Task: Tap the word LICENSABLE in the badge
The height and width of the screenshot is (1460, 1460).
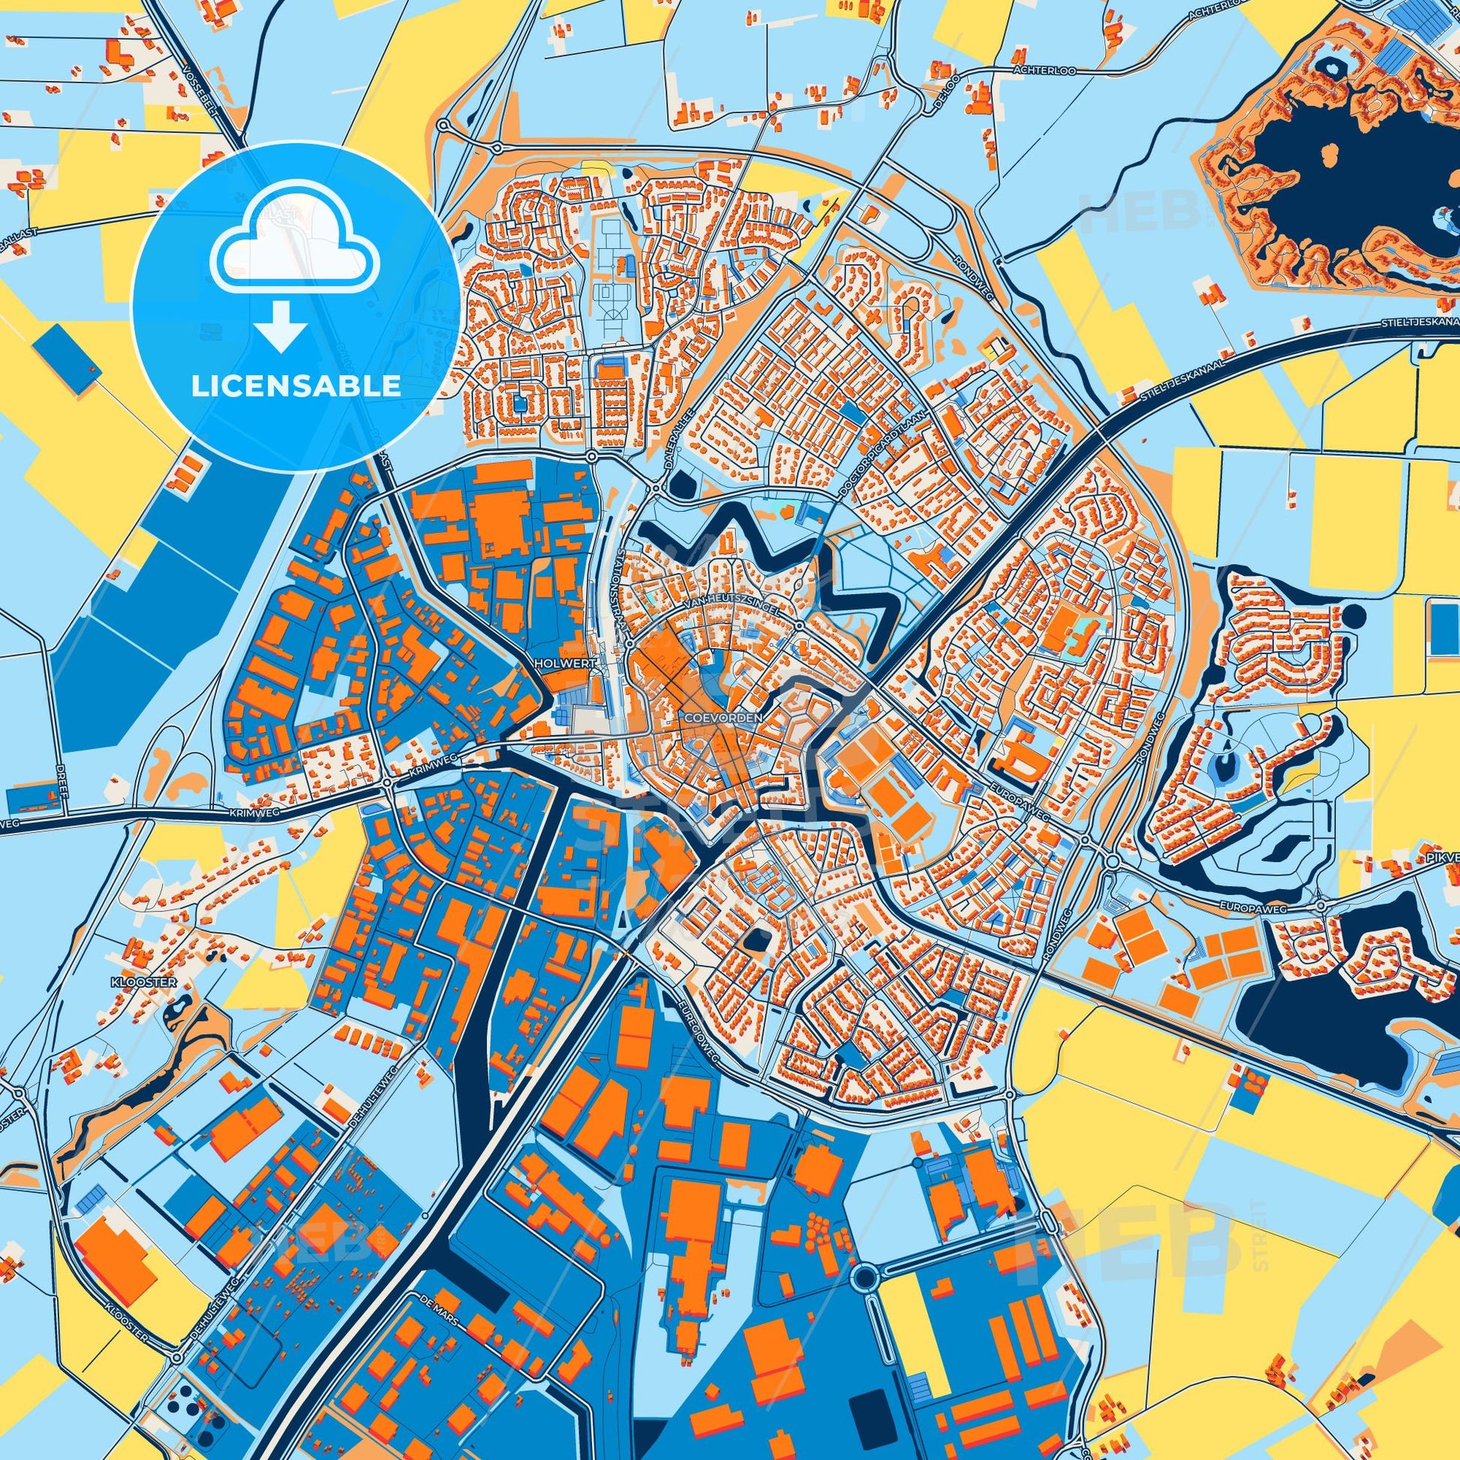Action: (x=296, y=386)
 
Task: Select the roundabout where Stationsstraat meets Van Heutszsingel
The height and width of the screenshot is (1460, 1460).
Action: (x=629, y=641)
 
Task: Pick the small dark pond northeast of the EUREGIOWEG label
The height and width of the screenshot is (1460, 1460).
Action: (x=756, y=939)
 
